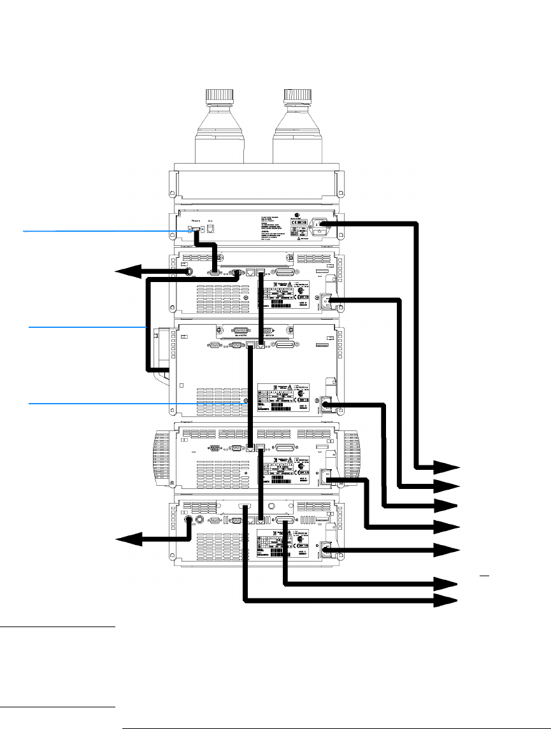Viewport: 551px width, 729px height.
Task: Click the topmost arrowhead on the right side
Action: point(448,469)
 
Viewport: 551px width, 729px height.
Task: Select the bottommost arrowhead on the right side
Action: point(448,600)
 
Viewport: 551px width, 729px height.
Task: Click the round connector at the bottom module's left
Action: point(189,520)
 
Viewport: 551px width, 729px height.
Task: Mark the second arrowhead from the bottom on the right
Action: point(448,583)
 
